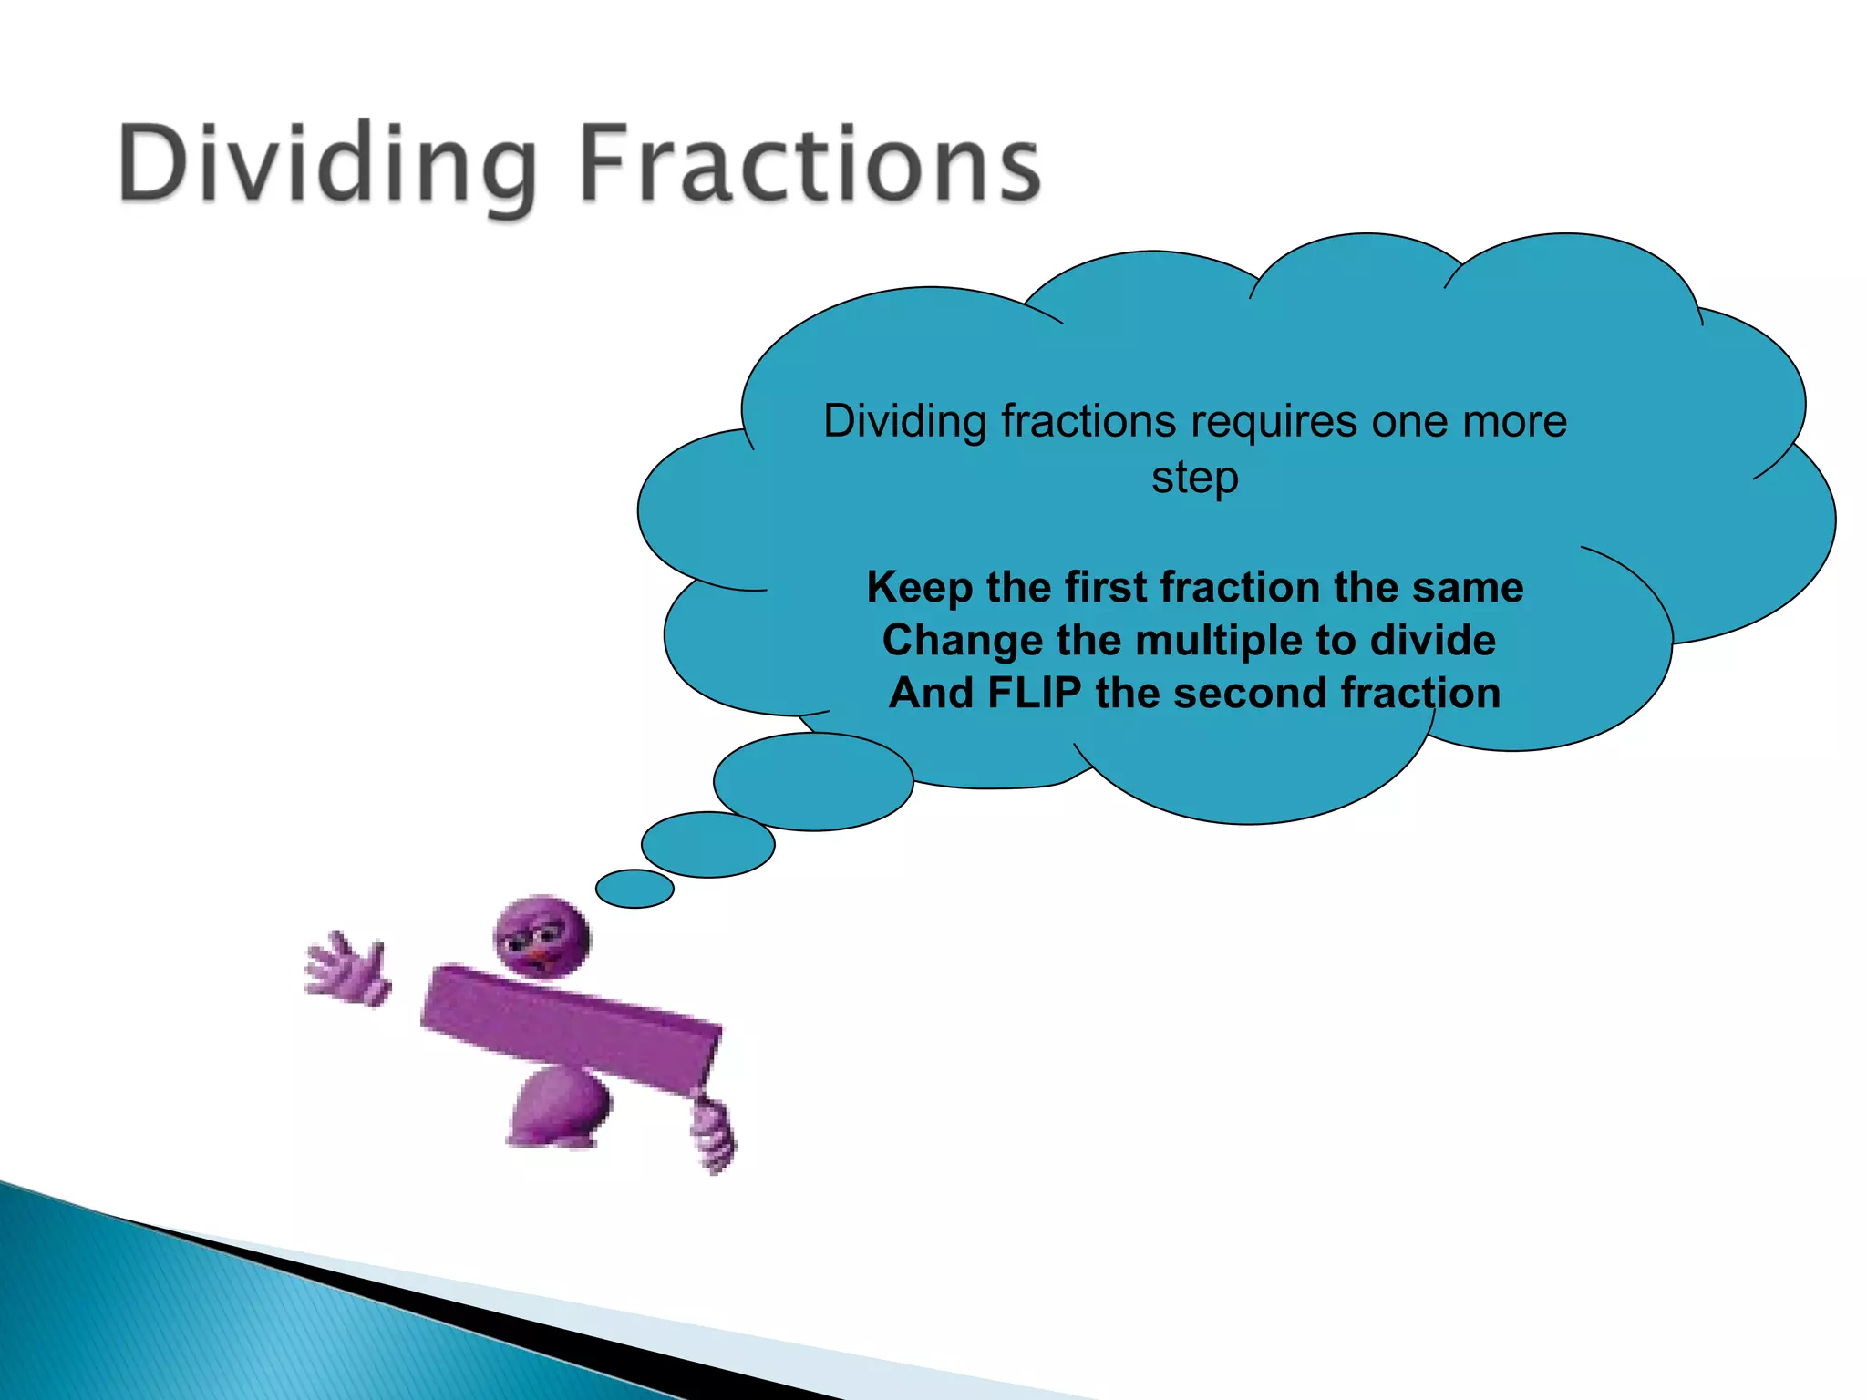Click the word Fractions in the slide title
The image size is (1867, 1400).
(x=810, y=164)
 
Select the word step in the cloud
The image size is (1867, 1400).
(x=1194, y=479)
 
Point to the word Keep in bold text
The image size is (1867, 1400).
(x=919, y=588)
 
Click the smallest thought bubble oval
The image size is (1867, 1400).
(x=634, y=889)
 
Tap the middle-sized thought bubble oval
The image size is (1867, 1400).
(x=708, y=845)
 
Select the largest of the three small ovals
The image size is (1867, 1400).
(x=813, y=782)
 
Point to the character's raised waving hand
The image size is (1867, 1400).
(x=347, y=970)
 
